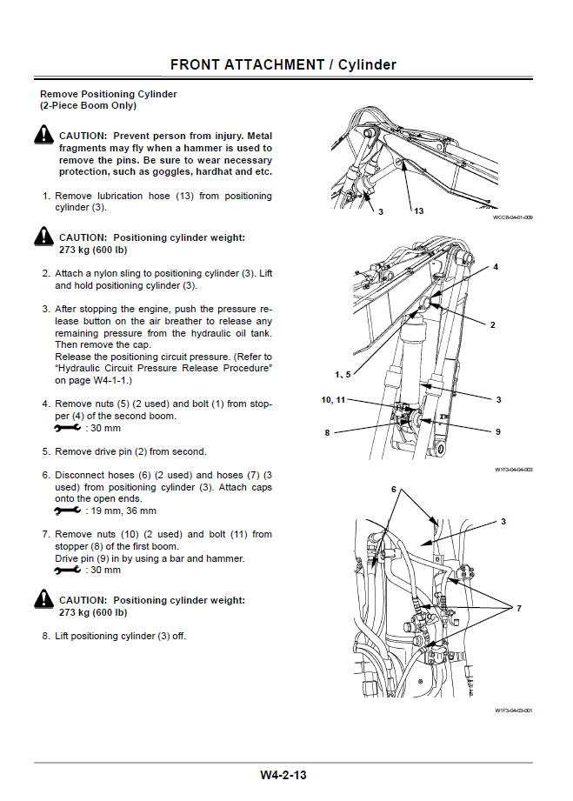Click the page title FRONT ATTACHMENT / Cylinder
coord(283,64)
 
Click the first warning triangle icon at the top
coord(44,136)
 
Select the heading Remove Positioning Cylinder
coord(109,94)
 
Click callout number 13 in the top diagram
coord(418,211)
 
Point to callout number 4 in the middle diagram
coord(496,267)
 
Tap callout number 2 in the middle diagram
coord(492,324)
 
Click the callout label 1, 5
coord(343,374)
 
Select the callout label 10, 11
coord(334,399)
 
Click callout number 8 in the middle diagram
coord(328,431)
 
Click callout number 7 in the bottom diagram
coord(518,608)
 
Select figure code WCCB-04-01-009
coord(512,217)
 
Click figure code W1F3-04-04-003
coord(513,471)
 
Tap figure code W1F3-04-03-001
coord(513,711)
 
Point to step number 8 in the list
coord(46,636)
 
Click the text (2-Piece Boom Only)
coord(88,106)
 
